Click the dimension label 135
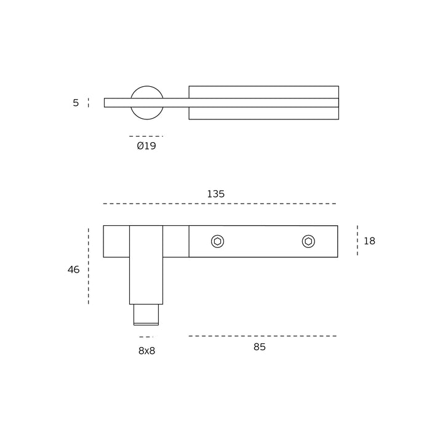pos(216,194)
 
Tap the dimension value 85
pos(260,346)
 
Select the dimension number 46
pos(73,269)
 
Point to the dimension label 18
pos(369,241)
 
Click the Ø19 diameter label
pos(146,146)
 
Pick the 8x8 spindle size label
pos(146,351)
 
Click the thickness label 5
pos(76,103)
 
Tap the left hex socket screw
pos(218,242)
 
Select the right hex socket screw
pos(308,242)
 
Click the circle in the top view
pos(146,87)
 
